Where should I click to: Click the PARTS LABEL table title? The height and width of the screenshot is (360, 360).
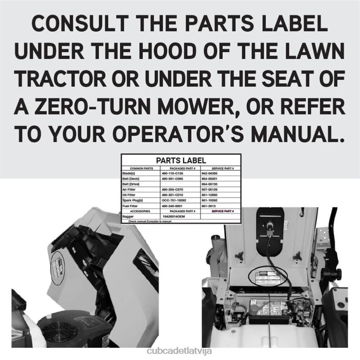(181, 160)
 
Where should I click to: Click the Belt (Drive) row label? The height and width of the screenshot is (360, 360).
(132, 184)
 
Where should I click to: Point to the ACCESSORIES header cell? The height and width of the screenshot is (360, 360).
(140, 211)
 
